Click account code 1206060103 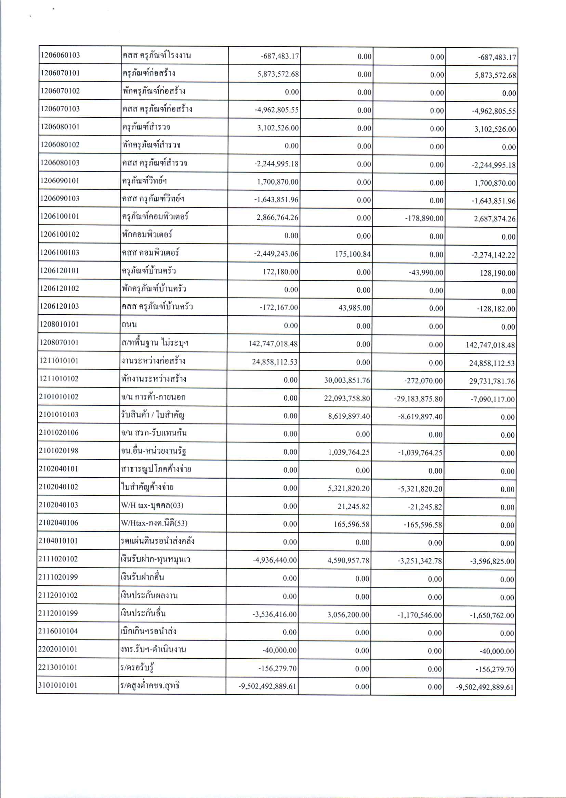[60, 55]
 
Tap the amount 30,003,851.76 [347, 380]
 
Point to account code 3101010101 [58, 685]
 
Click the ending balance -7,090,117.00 [492, 400]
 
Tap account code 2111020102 [58, 559]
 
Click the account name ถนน [129, 324]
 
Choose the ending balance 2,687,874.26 [495, 219]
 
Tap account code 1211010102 [59, 378]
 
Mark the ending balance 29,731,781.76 [491, 382]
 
